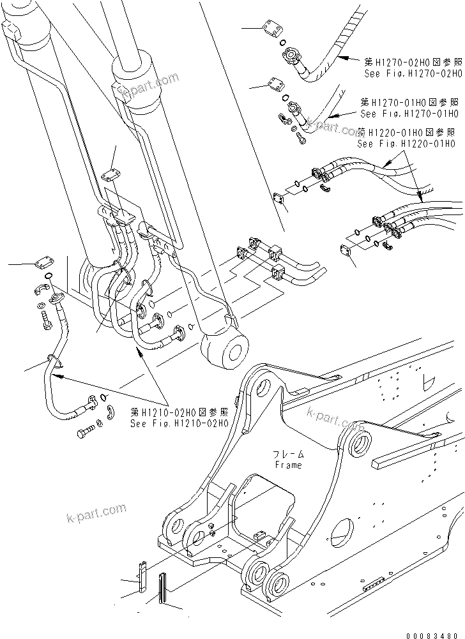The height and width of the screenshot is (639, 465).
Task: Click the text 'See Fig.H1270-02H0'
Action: (411, 73)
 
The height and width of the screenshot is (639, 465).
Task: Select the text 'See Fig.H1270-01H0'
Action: (409, 114)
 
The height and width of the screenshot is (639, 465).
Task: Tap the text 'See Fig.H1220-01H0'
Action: (406, 144)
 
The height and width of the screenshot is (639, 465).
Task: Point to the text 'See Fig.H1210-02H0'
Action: (179, 423)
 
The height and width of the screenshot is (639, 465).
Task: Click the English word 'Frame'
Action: (288, 465)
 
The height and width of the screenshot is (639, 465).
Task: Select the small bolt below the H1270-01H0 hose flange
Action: (301, 139)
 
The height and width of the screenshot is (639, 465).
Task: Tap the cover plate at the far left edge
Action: (43, 261)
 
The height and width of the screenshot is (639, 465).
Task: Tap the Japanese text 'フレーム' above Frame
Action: (289, 454)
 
